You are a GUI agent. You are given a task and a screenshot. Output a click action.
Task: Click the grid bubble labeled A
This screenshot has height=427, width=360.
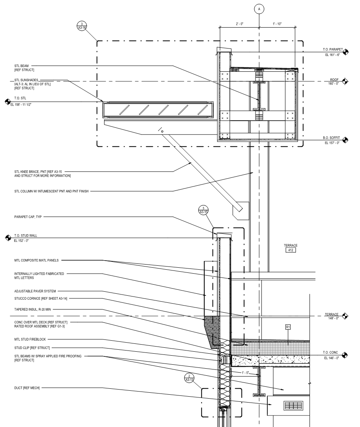pos(259,9)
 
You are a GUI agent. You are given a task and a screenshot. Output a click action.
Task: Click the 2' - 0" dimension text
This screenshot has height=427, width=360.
pos(240,24)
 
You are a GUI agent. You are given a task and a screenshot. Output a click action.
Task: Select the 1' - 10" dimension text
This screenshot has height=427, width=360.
pos(277,24)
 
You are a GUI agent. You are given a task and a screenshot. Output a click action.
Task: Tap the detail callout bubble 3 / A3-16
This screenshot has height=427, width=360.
pos(82,26)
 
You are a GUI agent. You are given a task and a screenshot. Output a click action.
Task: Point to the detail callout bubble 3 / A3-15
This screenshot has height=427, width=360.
pos(203,210)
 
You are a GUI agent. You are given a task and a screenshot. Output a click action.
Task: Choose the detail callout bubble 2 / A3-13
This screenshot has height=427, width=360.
pos(189,378)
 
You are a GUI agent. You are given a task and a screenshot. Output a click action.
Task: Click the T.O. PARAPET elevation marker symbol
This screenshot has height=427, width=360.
pos(345,52)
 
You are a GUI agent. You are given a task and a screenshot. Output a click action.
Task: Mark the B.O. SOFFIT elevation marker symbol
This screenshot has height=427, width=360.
pos(345,140)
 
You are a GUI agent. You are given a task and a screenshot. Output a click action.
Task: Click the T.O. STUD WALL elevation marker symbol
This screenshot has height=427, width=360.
pos(8,238)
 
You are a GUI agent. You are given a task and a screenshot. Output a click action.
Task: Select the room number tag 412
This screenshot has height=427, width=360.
pos(291,250)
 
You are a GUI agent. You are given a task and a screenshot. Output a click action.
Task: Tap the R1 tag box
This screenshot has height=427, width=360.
pos(288,327)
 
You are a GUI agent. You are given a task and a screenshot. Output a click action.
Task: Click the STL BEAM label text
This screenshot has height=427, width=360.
pos(22,66)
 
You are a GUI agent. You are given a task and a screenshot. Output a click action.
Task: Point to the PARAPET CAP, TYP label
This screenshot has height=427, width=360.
pos(28,217)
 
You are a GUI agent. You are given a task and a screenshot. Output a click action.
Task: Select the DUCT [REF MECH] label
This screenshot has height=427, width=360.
pos(27,388)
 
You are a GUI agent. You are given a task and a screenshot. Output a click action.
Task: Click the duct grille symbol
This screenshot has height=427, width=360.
pos(293,405)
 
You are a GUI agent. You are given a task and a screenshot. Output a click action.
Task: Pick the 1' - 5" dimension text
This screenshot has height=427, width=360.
pos(245,373)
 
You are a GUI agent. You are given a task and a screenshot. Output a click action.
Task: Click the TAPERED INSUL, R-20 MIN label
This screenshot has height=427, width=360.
pos(33,310)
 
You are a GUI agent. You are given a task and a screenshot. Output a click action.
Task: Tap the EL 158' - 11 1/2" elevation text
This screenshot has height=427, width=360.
pos(21,104)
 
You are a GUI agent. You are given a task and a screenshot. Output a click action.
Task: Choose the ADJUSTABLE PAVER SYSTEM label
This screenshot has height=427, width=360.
pos(35,291)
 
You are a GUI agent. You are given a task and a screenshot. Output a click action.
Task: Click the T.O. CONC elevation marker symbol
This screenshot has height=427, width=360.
pos(345,355)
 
